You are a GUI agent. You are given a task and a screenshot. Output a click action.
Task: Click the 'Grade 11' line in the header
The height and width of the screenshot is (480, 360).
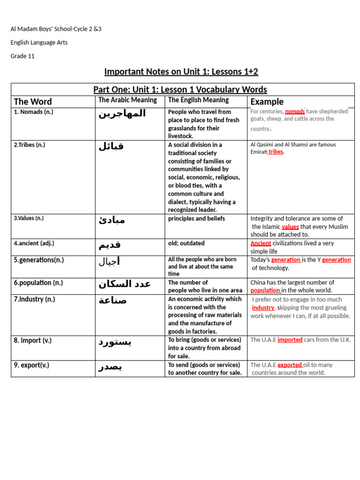coord(22,56)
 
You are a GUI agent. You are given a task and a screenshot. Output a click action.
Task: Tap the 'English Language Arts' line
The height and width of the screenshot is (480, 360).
coord(39,43)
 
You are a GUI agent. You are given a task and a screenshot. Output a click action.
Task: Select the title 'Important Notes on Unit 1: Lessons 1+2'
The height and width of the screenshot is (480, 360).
coord(181,72)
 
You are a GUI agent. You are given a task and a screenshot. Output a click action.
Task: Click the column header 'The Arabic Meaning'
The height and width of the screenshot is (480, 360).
coord(127,100)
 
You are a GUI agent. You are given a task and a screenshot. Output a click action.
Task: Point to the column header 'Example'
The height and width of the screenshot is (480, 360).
coord(267,102)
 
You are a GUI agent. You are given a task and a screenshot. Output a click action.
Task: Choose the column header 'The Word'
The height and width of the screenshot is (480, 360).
coord(33,102)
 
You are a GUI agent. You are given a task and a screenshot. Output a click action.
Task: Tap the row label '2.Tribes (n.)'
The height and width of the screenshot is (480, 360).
coord(30,145)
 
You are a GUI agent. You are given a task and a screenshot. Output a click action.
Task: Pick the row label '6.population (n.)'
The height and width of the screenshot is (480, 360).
coord(38,283)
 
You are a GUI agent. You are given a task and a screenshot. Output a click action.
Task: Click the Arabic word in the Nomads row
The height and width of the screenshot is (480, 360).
coord(122,114)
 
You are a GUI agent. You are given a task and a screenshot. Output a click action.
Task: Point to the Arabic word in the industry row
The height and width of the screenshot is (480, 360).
coord(112,300)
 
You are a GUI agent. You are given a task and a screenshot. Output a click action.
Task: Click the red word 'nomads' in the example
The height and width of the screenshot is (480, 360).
coord(295,112)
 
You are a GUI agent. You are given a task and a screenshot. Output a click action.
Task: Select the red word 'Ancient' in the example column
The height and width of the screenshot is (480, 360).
coord(261,243)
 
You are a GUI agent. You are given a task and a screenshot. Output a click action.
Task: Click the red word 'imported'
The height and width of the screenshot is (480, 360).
coord(290,340)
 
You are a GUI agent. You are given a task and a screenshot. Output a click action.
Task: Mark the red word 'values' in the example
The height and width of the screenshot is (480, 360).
coord(290,227)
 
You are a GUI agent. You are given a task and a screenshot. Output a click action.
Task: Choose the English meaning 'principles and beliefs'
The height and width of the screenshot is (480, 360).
coord(196,218)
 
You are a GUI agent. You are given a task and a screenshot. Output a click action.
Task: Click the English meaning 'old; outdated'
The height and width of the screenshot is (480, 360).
coord(186,243)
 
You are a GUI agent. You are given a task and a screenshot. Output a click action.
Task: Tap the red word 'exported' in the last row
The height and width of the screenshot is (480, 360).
coord(289,365)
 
